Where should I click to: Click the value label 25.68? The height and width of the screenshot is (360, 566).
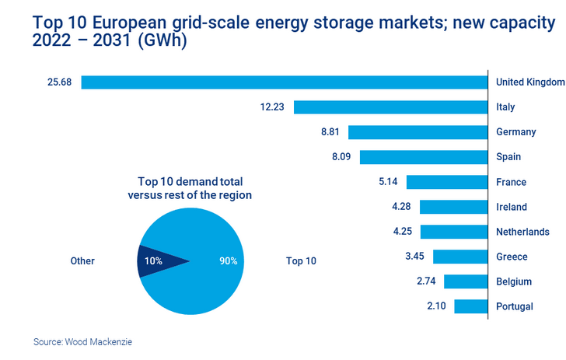(59, 82)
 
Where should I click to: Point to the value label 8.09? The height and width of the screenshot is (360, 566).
(341, 157)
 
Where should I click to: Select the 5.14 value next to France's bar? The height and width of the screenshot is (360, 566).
(388, 182)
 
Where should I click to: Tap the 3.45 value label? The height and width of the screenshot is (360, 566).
(414, 257)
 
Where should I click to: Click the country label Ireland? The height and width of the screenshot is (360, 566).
(512, 207)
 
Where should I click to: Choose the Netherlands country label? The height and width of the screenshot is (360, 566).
(522, 232)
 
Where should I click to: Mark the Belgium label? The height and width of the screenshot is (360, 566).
(514, 281)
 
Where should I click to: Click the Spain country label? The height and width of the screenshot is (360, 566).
(509, 157)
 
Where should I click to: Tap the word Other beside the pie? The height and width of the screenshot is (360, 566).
(82, 261)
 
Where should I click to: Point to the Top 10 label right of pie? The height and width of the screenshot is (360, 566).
(302, 261)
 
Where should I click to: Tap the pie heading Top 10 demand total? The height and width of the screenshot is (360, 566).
(189, 182)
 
